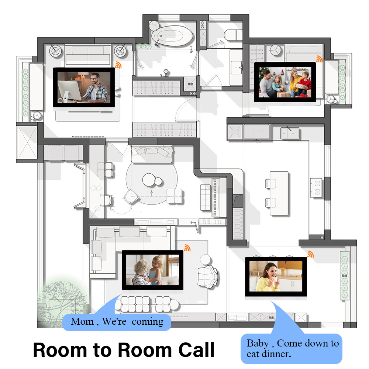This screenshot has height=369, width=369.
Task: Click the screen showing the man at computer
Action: [84, 88]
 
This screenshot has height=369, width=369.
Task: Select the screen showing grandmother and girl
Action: [152, 270]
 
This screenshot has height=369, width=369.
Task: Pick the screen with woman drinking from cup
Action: [276, 277]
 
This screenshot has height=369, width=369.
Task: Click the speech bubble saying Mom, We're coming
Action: [117, 321]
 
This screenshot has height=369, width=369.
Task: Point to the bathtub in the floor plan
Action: [172, 35]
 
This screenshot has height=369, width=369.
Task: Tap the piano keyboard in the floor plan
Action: [215, 197]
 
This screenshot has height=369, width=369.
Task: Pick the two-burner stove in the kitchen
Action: [316, 187]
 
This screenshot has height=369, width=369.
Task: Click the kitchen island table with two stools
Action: [279, 193]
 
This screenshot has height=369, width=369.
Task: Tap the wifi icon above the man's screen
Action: [118, 65]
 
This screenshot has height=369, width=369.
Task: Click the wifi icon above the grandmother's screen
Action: [187, 248]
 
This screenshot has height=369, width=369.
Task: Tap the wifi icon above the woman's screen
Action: [310, 254]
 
